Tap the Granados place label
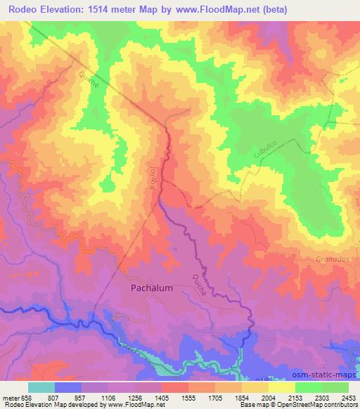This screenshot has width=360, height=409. [x=332, y=259]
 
